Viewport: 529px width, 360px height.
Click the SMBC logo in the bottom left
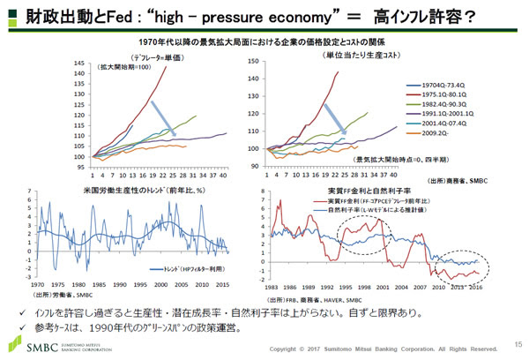(x=41, y=348)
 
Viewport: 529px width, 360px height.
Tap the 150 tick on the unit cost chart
(x=254, y=61)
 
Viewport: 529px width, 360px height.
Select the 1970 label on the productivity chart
(x=37, y=285)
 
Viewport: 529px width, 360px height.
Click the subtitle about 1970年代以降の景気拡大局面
(x=264, y=41)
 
